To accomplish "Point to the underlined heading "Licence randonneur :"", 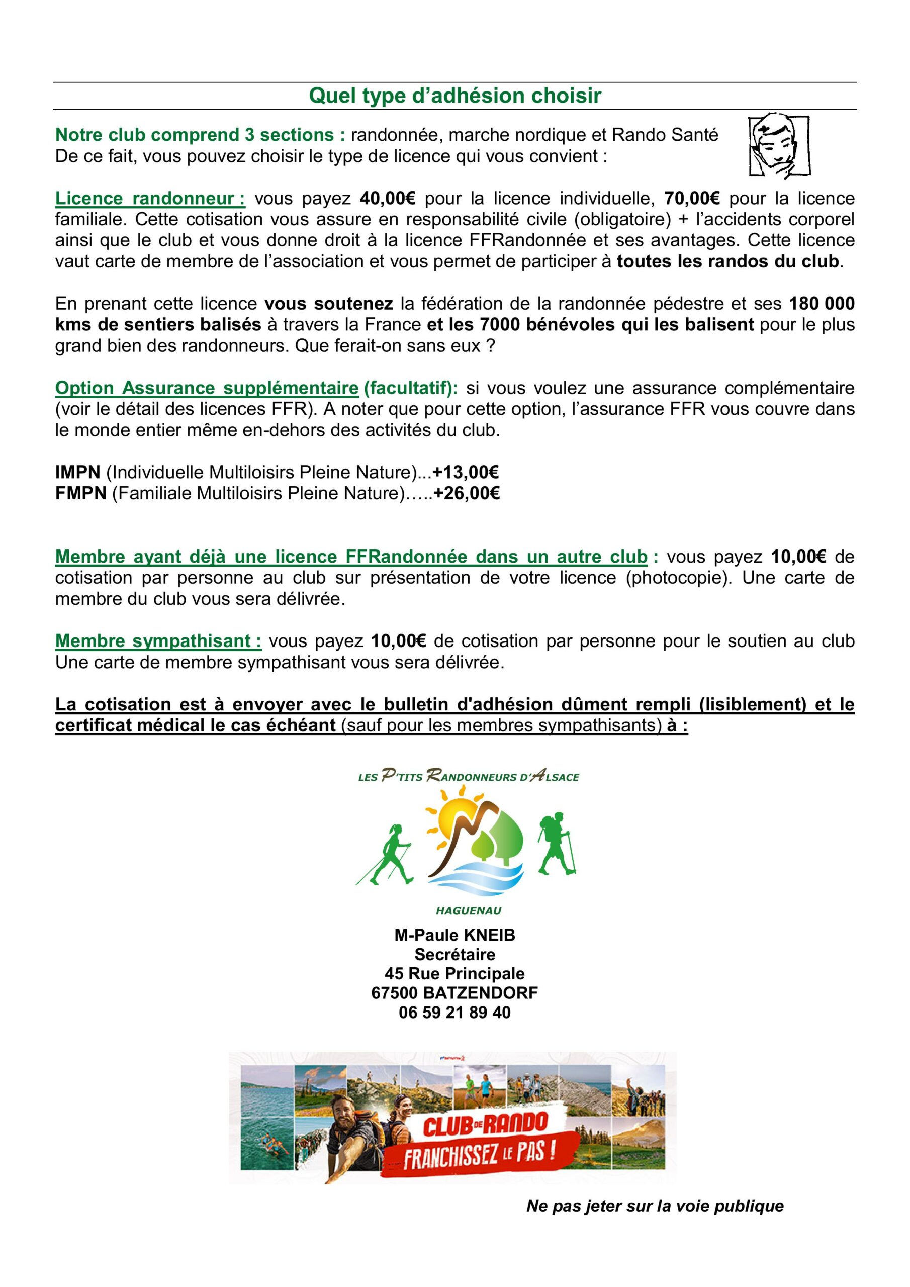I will coord(150,199).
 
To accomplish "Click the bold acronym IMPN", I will coord(77,472).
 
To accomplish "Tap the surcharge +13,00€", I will coord(466,472).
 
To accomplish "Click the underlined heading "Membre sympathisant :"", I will coord(158,640).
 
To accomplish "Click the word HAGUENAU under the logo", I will coord(468,911).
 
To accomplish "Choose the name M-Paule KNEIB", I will coord(454,935).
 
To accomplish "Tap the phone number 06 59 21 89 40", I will coord(454,1013).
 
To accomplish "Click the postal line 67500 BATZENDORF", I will coord(454,993).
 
